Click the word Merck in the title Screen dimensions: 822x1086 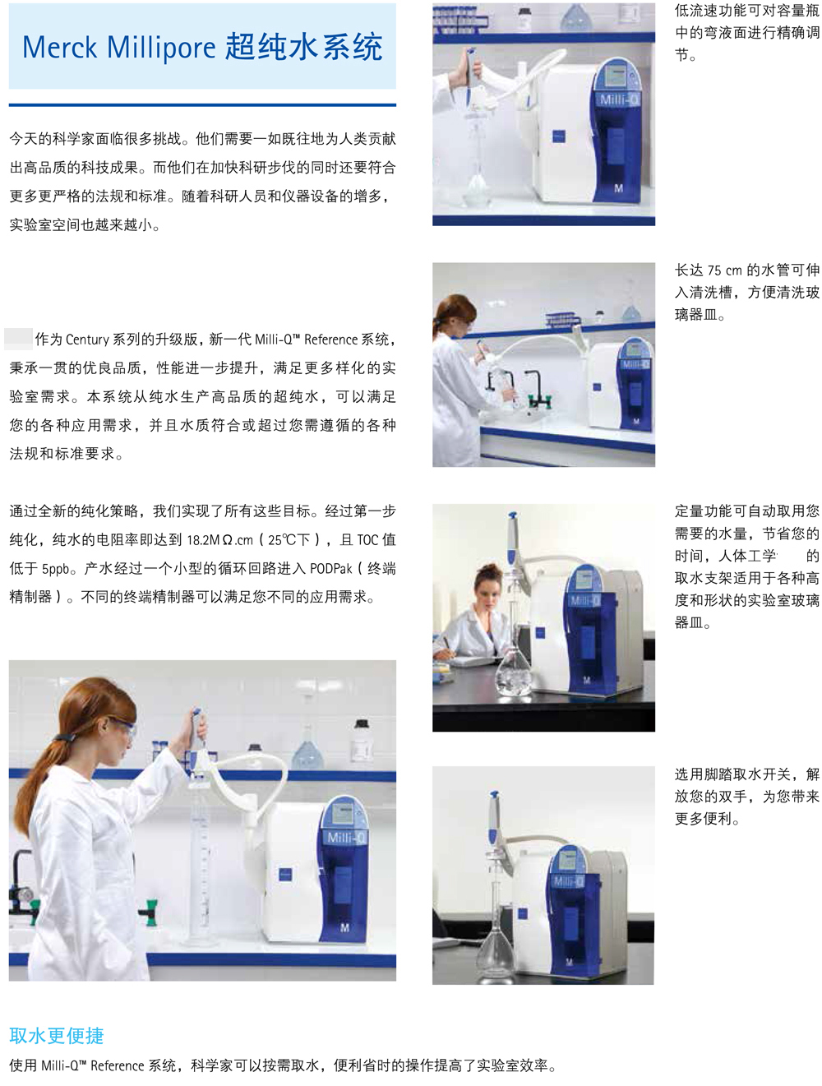tap(59, 48)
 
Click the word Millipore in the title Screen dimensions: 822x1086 tap(161, 49)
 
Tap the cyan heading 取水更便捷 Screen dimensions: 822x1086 tap(57, 1036)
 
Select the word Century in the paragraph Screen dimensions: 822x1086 tap(87, 340)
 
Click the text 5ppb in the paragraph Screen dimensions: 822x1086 tap(55, 569)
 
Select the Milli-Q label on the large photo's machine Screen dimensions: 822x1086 tap(346, 837)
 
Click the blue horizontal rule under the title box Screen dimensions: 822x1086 tap(202, 105)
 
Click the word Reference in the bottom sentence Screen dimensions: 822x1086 tap(118, 1065)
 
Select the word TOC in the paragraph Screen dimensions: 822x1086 tap(367, 540)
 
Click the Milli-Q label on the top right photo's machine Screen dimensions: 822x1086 tap(619, 100)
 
